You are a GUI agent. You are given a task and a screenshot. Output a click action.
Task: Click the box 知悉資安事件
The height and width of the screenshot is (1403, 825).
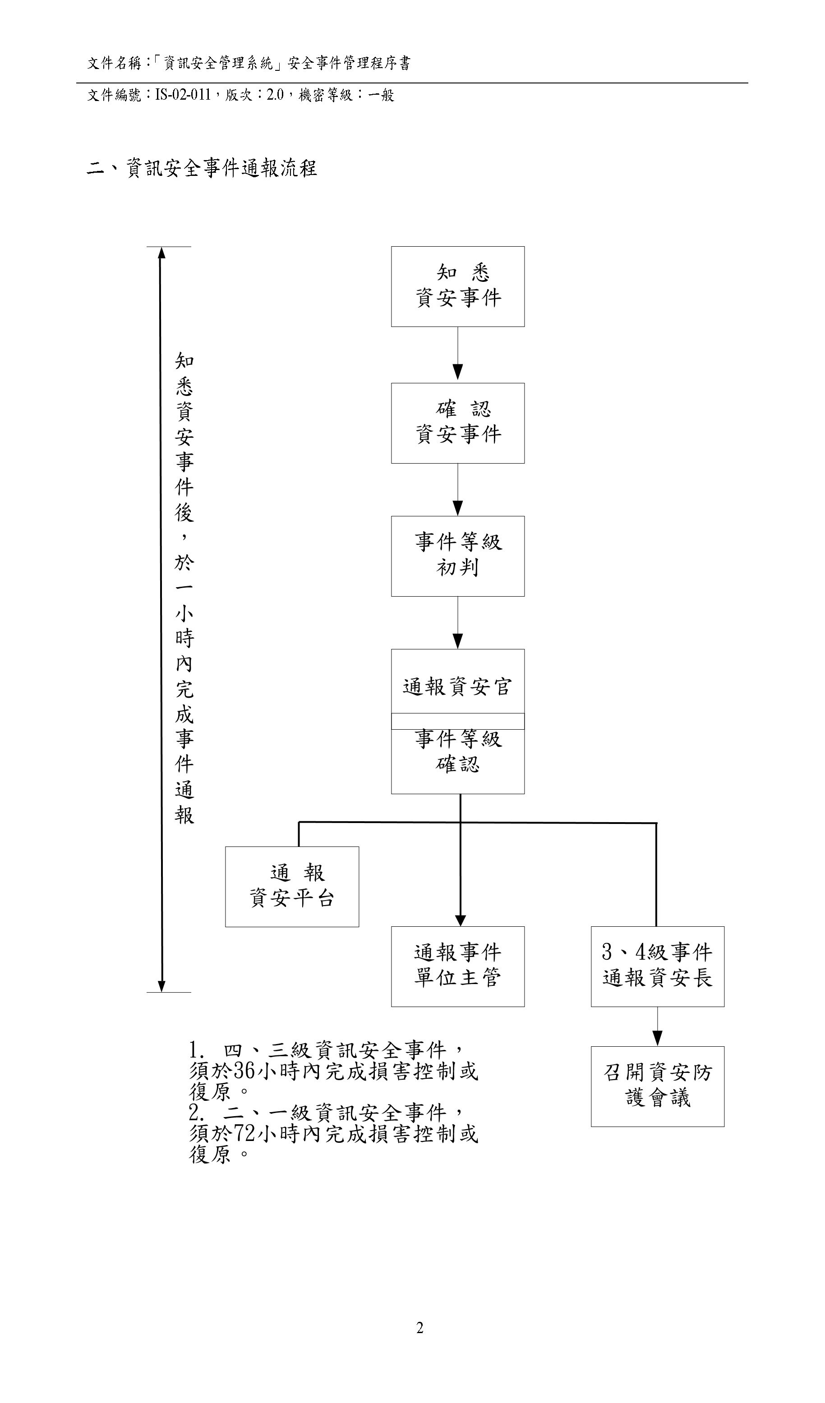457,286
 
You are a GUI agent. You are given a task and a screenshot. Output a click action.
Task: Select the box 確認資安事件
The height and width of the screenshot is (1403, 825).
457,423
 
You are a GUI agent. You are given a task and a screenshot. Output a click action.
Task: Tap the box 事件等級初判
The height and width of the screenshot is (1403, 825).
457,556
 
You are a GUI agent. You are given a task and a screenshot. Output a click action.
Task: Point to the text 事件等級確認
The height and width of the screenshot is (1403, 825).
457,752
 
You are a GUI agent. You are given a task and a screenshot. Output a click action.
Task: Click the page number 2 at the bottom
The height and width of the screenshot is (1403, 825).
420,1328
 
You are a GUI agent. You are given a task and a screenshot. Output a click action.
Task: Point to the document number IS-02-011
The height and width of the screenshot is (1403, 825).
183,95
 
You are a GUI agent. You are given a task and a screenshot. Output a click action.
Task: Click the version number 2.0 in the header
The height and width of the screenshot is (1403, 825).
275,95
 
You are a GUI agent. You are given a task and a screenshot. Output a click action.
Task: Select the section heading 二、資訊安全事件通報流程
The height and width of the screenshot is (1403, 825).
202,168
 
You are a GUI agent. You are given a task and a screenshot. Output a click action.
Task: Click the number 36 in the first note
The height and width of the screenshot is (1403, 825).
244,1071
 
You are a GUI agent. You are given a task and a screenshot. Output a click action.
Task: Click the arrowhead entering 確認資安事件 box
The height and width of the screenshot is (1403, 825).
457,372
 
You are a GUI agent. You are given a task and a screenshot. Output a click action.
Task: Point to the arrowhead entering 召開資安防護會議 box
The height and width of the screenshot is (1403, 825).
658,1038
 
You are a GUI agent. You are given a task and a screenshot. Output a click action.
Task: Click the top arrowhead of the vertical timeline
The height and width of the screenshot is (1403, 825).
161,253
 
